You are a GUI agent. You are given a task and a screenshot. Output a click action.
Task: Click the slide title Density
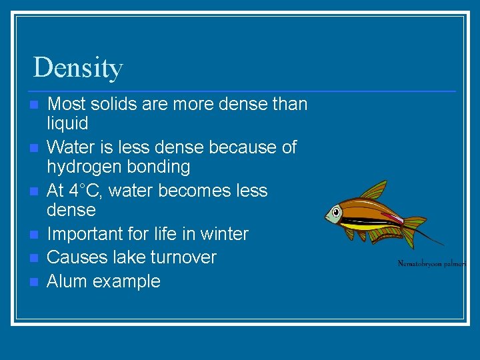(x=78, y=67)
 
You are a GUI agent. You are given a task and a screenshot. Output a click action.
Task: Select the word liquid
(x=67, y=123)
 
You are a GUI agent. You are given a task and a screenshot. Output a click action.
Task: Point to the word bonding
(x=160, y=167)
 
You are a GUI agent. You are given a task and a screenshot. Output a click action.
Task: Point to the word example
(x=127, y=281)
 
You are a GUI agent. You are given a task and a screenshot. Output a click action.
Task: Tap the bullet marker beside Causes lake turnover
(x=34, y=258)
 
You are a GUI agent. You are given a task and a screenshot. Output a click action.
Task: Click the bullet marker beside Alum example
(x=34, y=281)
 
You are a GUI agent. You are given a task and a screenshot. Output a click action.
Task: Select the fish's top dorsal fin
(x=374, y=191)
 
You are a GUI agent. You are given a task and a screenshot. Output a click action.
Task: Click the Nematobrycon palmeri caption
(x=431, y=263)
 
